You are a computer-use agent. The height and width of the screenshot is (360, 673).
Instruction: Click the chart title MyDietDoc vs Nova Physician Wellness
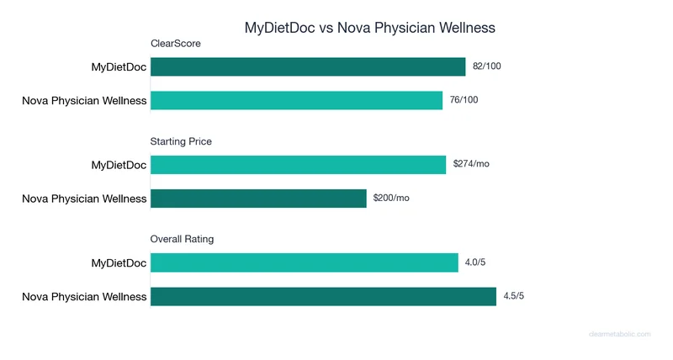[x=369, y=27]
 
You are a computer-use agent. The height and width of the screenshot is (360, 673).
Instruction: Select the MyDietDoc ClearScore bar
[x=308, y=67]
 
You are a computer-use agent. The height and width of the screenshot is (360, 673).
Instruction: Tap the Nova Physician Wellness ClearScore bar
[x=296, y=100]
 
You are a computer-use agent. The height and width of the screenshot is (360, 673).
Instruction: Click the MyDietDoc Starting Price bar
[x=298, y=165]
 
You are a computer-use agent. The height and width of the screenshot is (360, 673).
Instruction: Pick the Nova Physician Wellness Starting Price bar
[x=258, y=199]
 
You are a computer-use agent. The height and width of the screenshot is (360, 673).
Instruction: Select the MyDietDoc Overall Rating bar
[x=304, y=263]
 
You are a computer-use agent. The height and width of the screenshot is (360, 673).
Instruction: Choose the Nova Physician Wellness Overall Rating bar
[x=323, y=296]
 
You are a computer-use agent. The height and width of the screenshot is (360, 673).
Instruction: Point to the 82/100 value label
[x=487, y=66]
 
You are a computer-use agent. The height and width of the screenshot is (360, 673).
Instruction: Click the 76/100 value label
[x=464, y=99]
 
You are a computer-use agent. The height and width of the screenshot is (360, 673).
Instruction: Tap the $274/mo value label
[x=470, y=164]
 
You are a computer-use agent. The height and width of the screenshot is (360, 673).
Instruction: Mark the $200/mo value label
[x=391, y=198]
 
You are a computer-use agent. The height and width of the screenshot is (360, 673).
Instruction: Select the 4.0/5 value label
[x=475, y=262]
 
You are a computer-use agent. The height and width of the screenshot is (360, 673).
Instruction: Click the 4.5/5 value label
[x=514, y=295]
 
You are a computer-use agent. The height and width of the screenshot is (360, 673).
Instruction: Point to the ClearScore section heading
[x=175, y=44]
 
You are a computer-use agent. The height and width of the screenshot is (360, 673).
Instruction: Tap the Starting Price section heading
[x=181, y=141]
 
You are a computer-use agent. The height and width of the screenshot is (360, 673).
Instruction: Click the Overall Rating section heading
[x=182, y=239]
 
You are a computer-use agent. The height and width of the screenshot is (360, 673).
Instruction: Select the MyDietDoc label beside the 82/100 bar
[x=119, y=67]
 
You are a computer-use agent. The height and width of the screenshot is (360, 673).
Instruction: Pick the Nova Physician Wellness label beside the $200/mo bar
[x=84, y=199]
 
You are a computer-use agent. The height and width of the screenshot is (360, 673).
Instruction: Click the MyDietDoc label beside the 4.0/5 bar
[x=119, y=263]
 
